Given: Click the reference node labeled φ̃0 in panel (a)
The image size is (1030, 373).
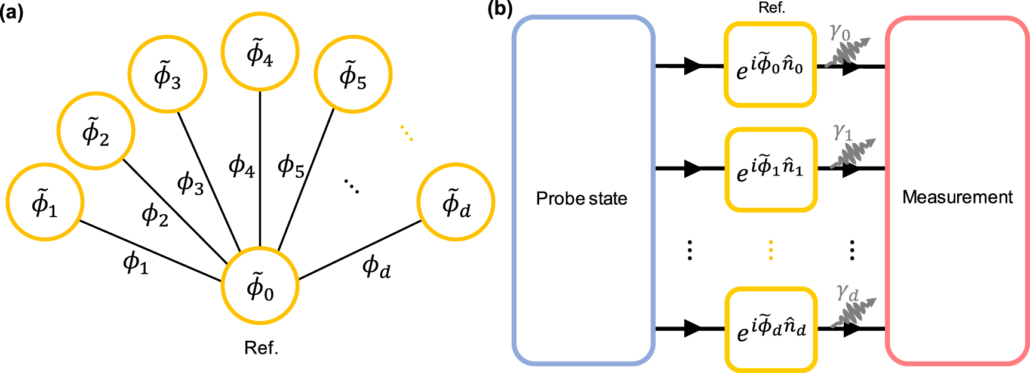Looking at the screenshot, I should click(x=260, y=286).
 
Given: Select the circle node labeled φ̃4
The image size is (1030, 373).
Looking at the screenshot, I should click(x=260, y=51).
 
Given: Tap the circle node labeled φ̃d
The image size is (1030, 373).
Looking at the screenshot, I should click(x=456, y=202).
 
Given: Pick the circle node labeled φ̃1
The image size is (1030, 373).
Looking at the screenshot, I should click(x=45, y=202).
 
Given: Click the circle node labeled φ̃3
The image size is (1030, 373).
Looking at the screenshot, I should click(x=168, y=74).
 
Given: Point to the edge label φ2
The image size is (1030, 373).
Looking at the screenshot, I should click(x=155, y=214).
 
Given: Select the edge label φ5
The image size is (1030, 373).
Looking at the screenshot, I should click(x=291, y=166).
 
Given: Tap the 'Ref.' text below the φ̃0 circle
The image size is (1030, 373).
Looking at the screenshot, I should click(x=261, y=348).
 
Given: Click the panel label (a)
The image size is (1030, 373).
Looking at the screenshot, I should click(x=11, y=11).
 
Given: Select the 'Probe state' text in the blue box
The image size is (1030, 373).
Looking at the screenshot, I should click(x=582, y=198).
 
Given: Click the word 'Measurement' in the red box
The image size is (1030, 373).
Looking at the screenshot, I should click(x=957, y=197).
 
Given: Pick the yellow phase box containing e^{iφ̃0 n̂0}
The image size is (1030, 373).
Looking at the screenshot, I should click(x=770, y=65).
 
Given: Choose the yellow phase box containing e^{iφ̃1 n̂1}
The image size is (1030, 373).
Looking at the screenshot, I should click(x=770, y=169).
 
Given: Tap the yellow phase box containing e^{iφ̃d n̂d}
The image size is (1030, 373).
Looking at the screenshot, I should click(x=770, y=329).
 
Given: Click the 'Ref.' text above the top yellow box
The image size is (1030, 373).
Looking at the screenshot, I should click(x=771, y=8).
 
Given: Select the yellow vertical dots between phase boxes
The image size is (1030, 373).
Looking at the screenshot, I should click(x=770, y=249).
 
